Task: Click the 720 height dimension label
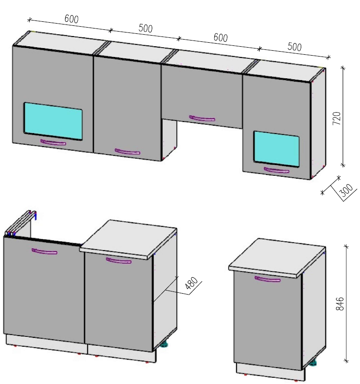point(337,118)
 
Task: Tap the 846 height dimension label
point(340,304)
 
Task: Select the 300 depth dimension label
point(347,190)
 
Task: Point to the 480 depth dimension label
point(191,283)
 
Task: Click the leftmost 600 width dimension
point(72,19)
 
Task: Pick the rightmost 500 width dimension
point(295,47)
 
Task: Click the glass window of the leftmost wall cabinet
point(53,121)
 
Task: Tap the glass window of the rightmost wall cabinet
point(276,149)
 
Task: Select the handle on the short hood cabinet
point(202,118)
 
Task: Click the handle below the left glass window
point(53,142)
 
